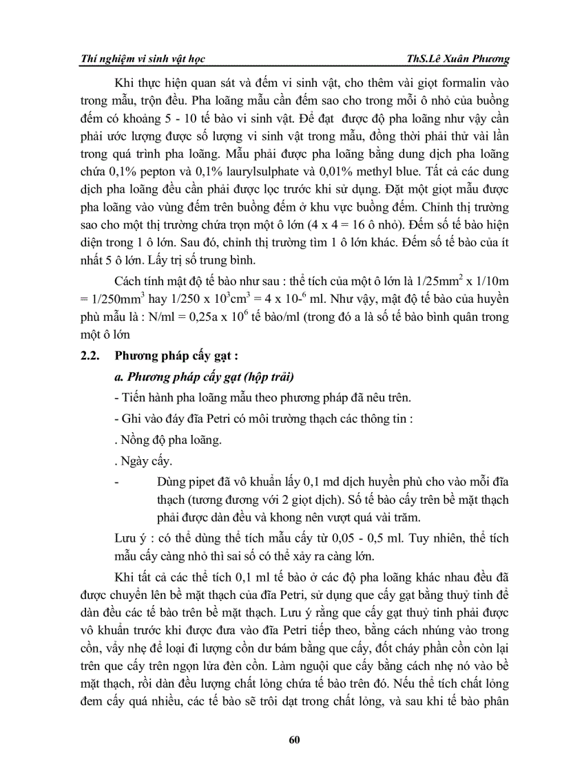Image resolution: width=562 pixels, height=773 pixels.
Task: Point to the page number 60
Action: click(294, 739)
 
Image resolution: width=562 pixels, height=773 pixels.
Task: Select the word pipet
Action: click(202, 480)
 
